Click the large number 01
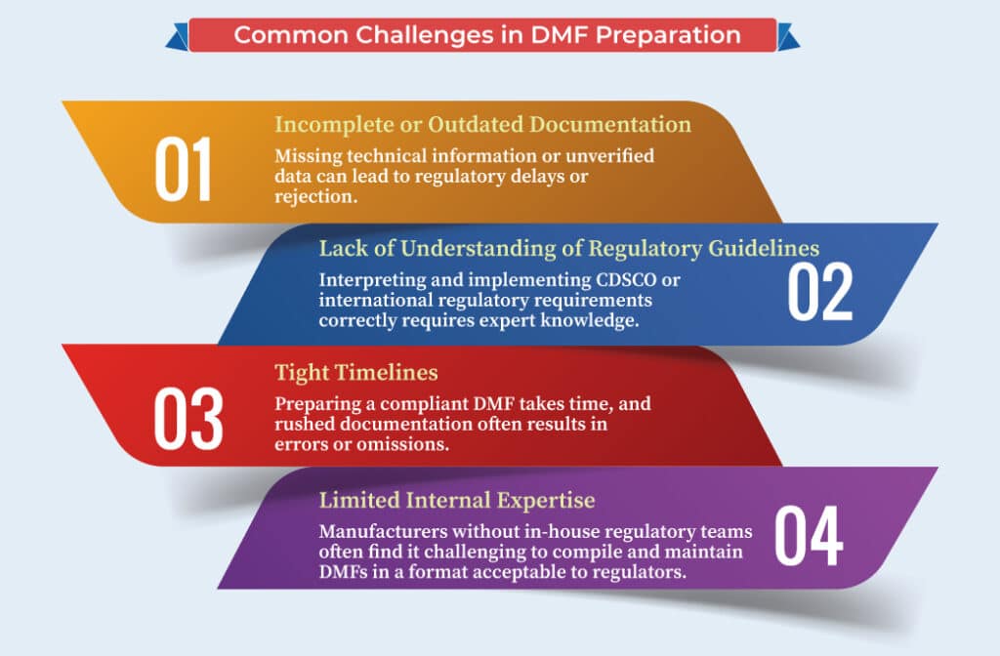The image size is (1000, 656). click(x=183, y=169)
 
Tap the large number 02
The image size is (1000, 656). click(x=820, y=291)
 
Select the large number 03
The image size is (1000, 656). click(x=188, y=418)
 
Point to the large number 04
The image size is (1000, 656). click(x=809, y=536)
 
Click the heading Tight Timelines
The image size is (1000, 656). click(x=356, y=372)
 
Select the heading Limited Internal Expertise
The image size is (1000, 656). click(x=457, y=500)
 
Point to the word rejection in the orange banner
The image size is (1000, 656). click(x=315, y=196)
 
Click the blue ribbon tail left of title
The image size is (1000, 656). click(x=178, y=37)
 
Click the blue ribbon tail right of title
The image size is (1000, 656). click(x=788, y=37)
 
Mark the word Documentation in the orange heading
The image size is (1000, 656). click(x=610, y=124)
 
